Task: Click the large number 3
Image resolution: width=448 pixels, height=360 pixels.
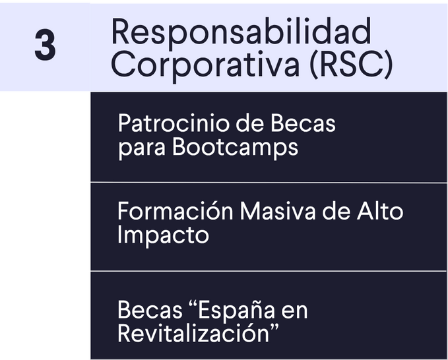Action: coord(45,45)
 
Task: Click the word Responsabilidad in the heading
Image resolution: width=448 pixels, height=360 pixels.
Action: coord(241,32)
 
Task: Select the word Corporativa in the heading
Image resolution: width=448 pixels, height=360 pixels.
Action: coord(205,65)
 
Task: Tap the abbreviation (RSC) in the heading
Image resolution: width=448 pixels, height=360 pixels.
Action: coord(351,64)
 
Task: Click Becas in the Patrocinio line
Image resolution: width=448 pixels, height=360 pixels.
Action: coord(303,123)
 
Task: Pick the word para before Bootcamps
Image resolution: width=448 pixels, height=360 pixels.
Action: coord(142,148)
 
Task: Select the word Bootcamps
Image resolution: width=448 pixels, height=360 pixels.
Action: coord(235,148)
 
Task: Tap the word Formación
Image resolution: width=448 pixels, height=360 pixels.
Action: coord(176,210)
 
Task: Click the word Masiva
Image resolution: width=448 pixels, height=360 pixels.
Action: coord(278,211)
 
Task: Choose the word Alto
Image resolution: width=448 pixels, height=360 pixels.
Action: coord(380,211)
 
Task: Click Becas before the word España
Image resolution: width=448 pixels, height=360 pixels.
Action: coord(150,310)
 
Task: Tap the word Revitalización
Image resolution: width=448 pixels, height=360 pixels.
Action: coord(198,333)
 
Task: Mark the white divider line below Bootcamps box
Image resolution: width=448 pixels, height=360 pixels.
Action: coord(269,183)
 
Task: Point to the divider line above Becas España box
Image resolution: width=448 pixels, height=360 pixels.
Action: coord(269,271)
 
